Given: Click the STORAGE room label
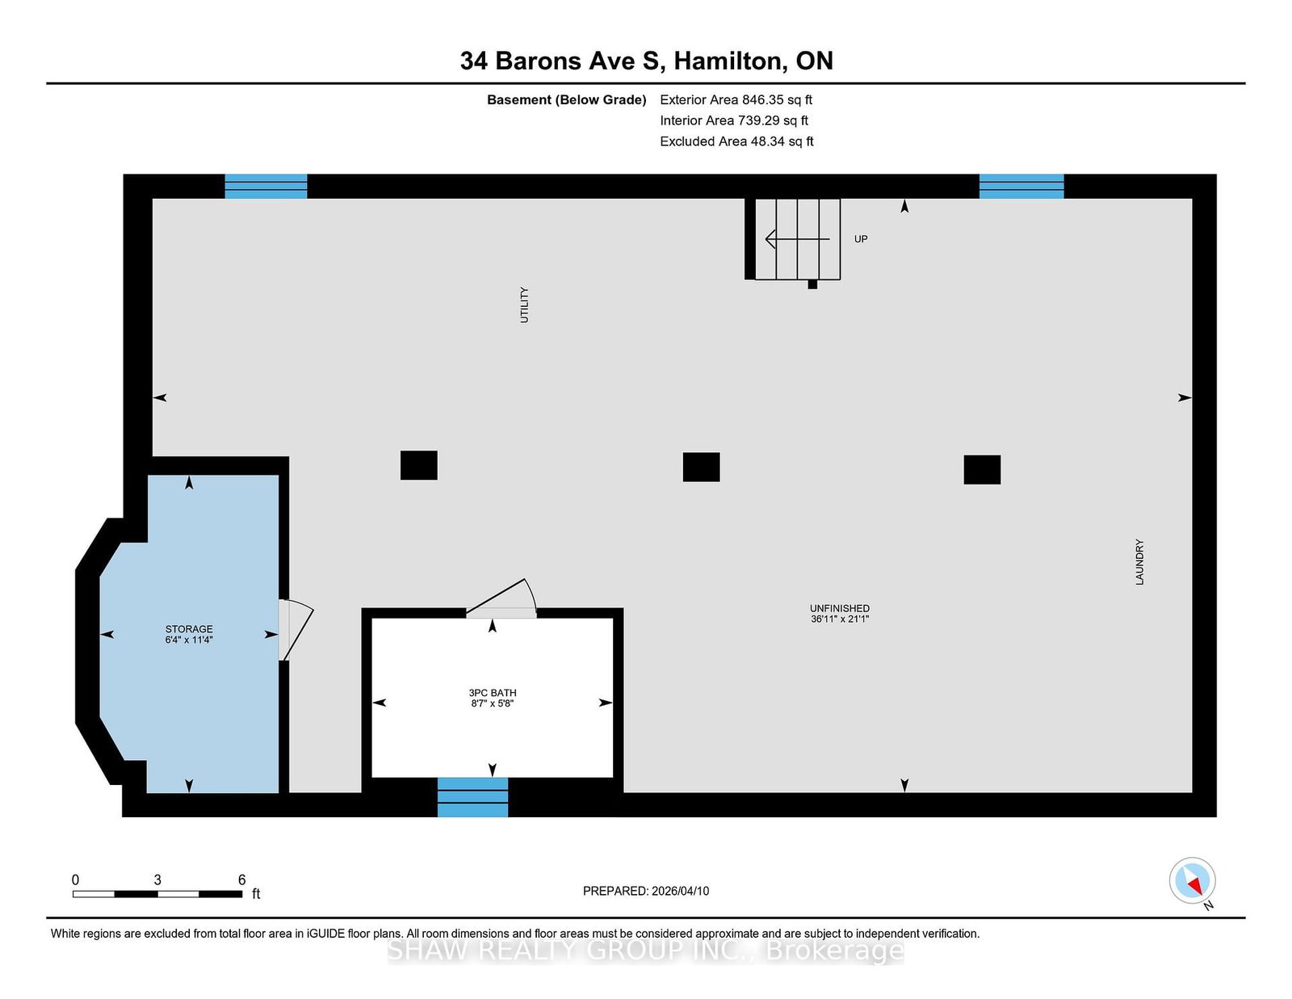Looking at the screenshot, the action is (x=189, y=629).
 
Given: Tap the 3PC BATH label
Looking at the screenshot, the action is (x=493, y=693).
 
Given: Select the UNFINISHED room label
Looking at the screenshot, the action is (x=840, y=608).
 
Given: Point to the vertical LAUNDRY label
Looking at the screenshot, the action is (x=1140, y=562).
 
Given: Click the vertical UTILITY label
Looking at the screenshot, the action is (x=524, y=305).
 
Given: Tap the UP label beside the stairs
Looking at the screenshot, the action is (x=861, y=239).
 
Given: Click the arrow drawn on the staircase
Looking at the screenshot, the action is (x=797, y=239).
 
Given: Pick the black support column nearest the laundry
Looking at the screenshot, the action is (x=982, y=470).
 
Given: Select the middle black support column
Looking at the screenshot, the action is (x=701, y=467).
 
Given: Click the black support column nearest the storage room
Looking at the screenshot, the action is (x=419, y=465).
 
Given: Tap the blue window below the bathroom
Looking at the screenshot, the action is (x=472, y=797).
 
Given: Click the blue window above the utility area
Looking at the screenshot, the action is (x=266, y=186).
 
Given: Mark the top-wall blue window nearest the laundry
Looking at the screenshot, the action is (x=1021, y=186).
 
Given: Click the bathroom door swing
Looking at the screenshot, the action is (x=502, y=597).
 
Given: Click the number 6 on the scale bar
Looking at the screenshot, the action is (x=242, y=880).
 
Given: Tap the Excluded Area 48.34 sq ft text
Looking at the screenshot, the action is (x=736, y=141).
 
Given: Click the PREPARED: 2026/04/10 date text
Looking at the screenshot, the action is (x=646, y=891).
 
